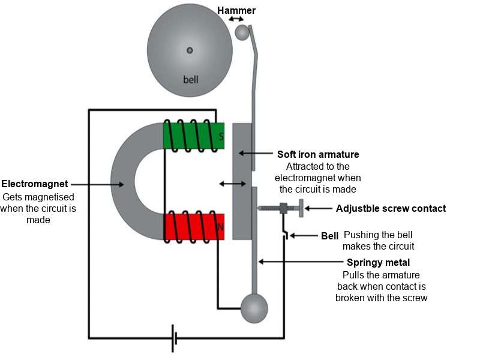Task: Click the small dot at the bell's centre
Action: pos(190,50)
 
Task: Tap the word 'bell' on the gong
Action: pos(191,80)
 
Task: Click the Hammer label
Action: pos(236,10)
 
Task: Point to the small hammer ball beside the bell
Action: pos(242,32)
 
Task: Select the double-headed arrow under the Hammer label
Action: pos(236,19)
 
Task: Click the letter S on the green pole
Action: pos(221,136)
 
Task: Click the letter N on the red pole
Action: pos(220,227)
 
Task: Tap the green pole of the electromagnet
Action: pos(194,136)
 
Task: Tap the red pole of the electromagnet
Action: pos(194,227)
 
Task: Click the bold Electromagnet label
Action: pos(35,184)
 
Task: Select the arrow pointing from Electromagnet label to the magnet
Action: pos(97,184)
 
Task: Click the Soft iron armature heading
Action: pos(318,154)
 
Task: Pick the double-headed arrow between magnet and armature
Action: pos(233,184)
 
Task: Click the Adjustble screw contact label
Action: pos(391,208)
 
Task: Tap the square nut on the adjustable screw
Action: pos(283,208)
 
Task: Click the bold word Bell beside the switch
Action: pos(329,236)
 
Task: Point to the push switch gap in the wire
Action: pos(286,235)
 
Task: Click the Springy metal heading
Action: pos(379,263)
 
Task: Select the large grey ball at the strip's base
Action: pos(254,308)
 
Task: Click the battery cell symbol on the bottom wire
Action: pos(175,338)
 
